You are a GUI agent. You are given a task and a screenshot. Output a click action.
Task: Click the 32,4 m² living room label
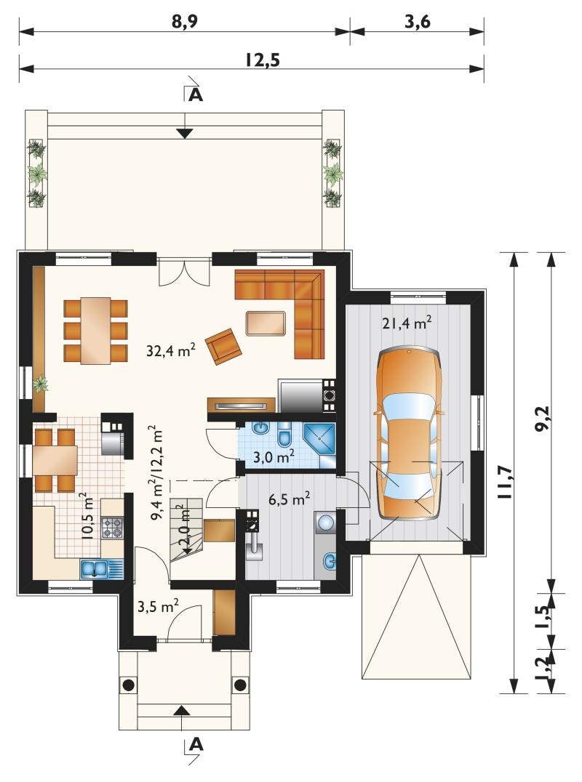click(170, 350)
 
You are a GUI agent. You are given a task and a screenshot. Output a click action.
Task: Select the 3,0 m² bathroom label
click(273, 456)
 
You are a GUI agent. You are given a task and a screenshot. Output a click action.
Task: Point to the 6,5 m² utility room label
click(290, 499)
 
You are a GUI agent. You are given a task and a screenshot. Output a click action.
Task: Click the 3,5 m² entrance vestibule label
click(158, 606)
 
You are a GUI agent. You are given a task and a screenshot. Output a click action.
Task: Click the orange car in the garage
click(409, 433)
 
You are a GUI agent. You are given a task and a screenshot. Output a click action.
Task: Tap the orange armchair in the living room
click(223, 346)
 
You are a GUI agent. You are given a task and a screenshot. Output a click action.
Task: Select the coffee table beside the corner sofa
click(266, 323)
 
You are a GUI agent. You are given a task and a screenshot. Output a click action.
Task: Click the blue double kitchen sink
click(101, 569)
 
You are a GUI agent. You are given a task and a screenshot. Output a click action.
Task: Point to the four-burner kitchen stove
click(112, 528)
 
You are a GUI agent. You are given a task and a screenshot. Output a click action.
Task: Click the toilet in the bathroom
click(284, 435)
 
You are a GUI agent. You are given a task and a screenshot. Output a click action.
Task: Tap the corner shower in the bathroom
click(319, 439)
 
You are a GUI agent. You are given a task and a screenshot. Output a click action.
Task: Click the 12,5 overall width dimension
click(263, 60)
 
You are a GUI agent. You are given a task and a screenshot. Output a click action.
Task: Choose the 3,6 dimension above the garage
click(418, 22)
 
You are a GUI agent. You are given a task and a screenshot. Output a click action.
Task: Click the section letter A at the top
click(196, 94)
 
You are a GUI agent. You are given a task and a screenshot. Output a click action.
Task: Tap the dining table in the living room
click(96, 331)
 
